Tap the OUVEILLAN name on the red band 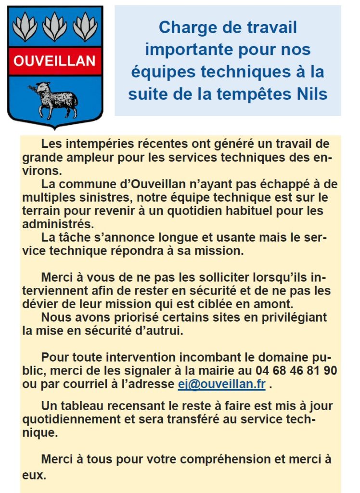coord(55,61)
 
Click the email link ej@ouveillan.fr coord(221,384)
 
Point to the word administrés coord(59,224)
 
